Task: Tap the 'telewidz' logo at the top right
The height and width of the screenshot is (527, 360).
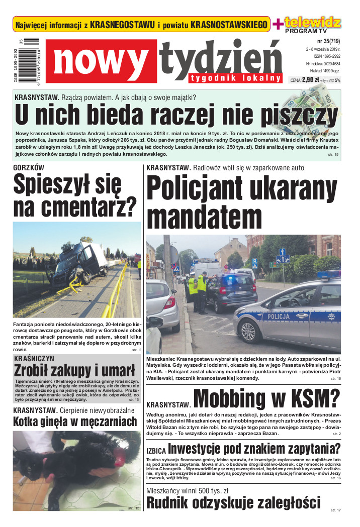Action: (312, 23)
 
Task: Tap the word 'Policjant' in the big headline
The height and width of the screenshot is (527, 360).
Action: (208, 191)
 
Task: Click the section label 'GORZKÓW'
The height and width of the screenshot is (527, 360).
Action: (29, 167)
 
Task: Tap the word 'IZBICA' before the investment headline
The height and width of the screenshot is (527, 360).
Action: (156, 451)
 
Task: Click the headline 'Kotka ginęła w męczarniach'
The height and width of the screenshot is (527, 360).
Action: (75, 421)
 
